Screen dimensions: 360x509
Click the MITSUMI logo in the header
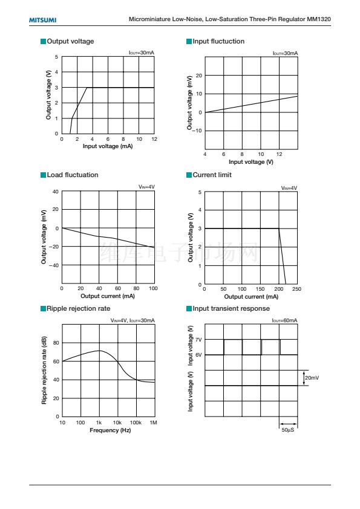pyautogui.click(x=42, y=20)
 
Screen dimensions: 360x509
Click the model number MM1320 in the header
pyautogui.click(x=319, y=19)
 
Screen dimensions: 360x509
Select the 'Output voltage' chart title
pyautogui.click(x=70, y=41)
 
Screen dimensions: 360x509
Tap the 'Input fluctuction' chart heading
pyautogui.click(x=218, y=41)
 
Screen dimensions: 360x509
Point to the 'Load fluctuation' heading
pyautogui.click(x=73, y=175)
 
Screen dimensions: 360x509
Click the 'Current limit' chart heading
pyautogui.click(x=212, y=175)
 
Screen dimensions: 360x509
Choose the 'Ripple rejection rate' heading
pyautogui.click(x=78, y=308)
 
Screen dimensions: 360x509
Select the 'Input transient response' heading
pyautogui.click(x=231, y=308)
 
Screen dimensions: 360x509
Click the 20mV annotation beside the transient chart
pyautogui.click(x=312, y=378)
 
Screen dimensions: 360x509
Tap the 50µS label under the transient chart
pyautogui.click(x=288, y=430)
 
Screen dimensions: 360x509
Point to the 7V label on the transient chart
pyautogui.click(x=198, y=340)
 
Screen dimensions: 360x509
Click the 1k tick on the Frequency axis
pyautogui.click(x=99, y=423)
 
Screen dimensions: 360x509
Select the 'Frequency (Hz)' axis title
pyautogui.click(x=110, y=430)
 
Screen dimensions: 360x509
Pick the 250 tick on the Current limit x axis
pyautogui.click(x=296, y=289)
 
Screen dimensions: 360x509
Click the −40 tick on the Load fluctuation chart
pyautogui.click(x=54, y=265)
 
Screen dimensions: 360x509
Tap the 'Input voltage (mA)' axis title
pyautogui.click(x=108, y=146)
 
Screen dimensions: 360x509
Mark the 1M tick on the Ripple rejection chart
pyautogui.click(x=153, y=423)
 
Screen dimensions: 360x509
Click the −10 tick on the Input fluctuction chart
pyautogui.click(x=197, y=131)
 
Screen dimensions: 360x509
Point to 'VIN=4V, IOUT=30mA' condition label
pyautogui.click(x=133, y=320)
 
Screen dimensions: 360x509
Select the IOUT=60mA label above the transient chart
pyautogui.click(x=284, y=320)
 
